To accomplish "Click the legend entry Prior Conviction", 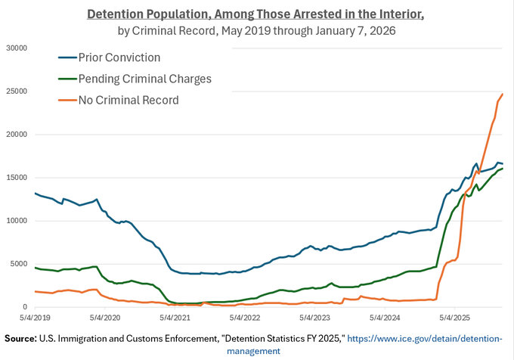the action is (x=119, y=57).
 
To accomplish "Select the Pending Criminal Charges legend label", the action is (x=145, y=79).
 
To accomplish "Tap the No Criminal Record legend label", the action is (x=128, y=100).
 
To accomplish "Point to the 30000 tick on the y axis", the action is (x=17, y=48).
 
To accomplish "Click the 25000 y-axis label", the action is (x=17, y=92).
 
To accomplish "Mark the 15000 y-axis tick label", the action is (x=17, y=178).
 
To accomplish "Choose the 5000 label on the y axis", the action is (x=18, y=264).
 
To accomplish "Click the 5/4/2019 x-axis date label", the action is (x=35, y=318).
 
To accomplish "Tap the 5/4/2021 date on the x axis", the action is (x=175, y=318).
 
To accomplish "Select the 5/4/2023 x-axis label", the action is (x=314, y=318).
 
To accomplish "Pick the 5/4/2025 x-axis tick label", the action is (x=455, y=318).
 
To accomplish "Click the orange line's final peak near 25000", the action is (x=503, y=94).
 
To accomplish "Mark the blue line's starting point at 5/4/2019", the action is (x=35, y=193).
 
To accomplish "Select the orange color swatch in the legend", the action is (x=67, y=100).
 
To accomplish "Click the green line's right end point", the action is (x=503, y=169).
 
